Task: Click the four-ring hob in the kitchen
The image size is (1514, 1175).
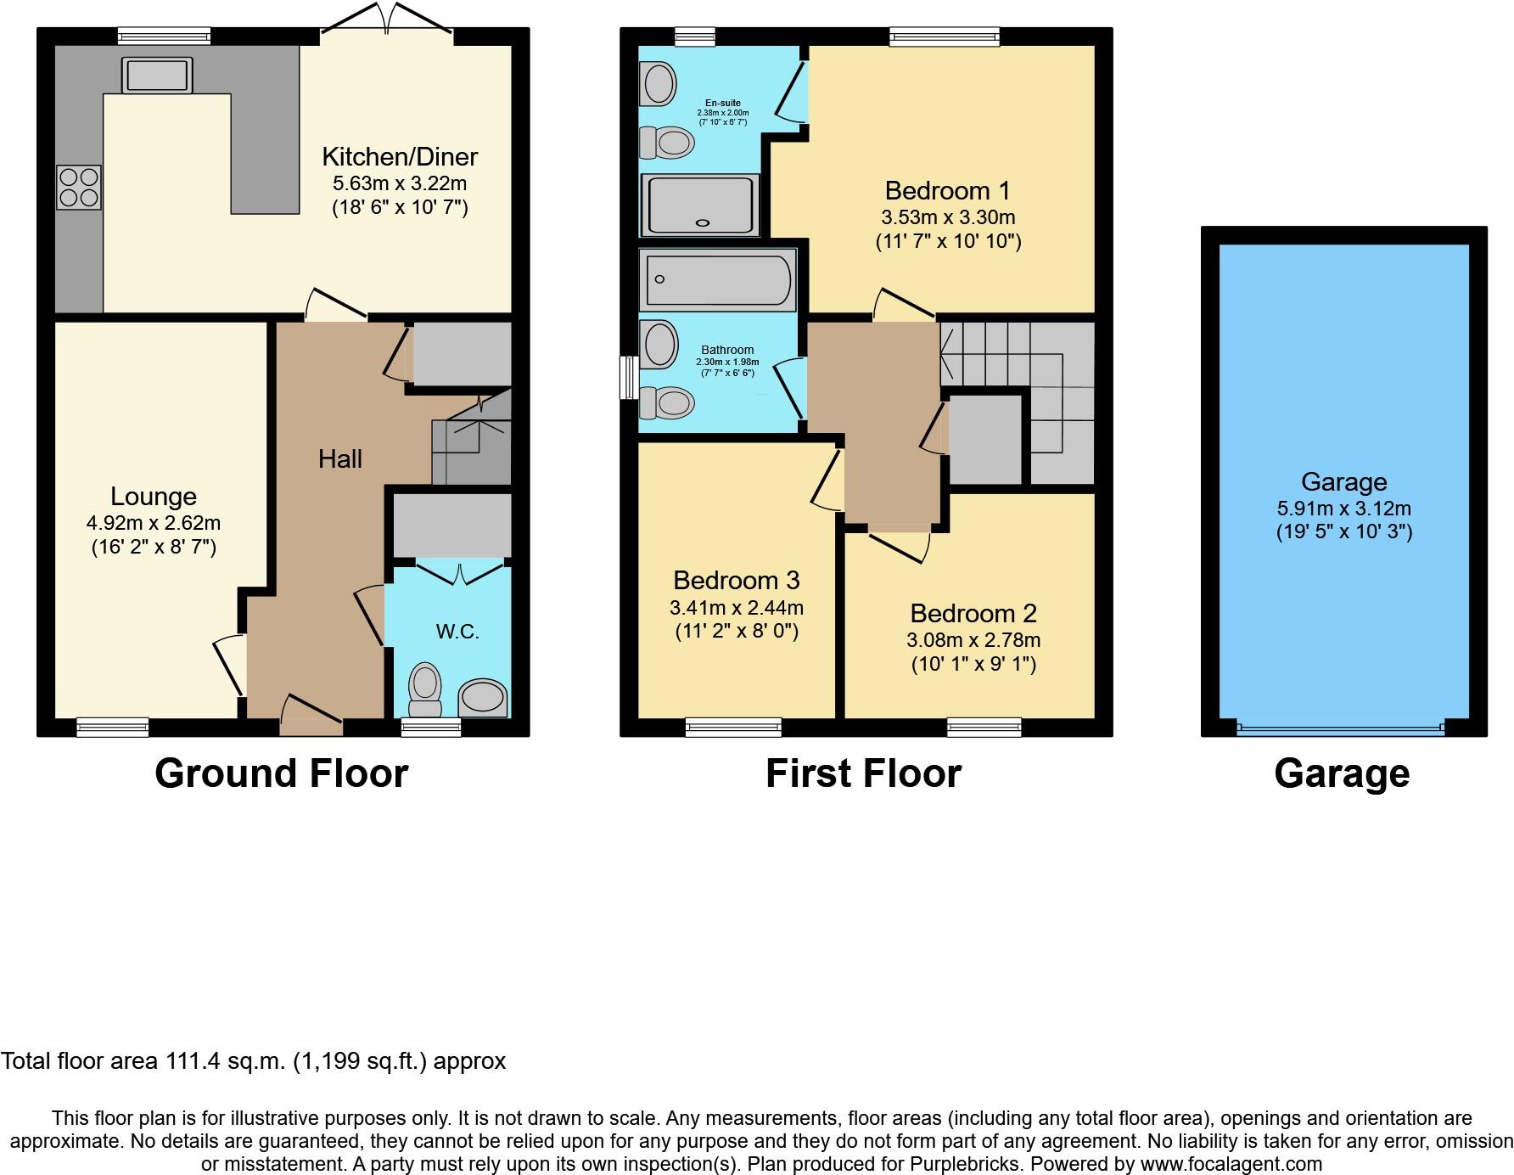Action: tap(78, 188)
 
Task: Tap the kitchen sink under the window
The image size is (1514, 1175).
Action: tap(158, 75)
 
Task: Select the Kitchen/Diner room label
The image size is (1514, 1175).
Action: tap(399, 157)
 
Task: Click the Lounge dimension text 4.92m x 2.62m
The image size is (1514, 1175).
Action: tap(154, 523)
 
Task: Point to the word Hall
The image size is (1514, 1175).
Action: tap(339, 459)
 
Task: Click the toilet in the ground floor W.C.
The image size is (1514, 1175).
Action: tap(425, 690)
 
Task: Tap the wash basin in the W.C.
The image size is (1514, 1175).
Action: tap(483, 699)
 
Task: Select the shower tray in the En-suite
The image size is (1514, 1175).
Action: tap(700, 205)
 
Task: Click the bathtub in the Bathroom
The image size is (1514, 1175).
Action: tap(718, 279)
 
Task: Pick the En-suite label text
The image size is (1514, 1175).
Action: tap(723, 104)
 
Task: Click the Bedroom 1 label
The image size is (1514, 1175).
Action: tap(948, 190)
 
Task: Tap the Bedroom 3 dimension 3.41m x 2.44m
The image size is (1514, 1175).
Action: tap(736, 608)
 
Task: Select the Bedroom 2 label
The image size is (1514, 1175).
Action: tap(973, 613)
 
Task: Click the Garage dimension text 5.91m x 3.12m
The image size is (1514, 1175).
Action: tap(1343, 509)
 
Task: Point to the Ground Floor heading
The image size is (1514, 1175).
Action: tap(281, 773)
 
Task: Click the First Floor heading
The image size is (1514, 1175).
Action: tap(863, 773)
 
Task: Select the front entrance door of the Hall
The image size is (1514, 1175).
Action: tap(311, 722)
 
